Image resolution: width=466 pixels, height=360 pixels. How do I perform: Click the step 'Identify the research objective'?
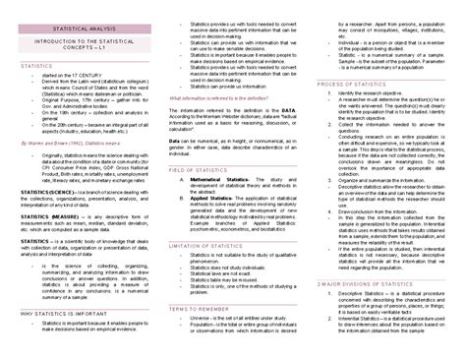(x=379, y=98)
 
